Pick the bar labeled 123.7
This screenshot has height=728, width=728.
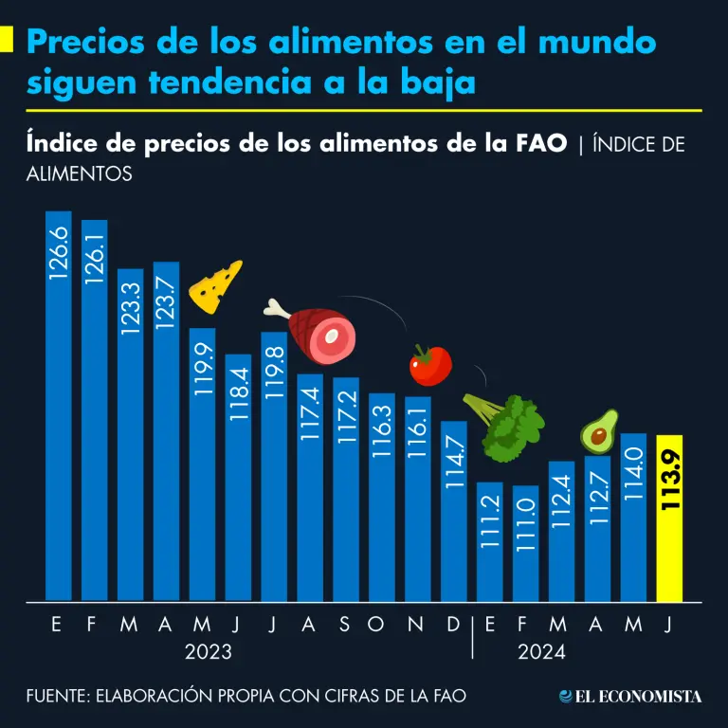166,431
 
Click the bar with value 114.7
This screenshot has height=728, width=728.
453,511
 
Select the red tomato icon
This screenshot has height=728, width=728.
430,365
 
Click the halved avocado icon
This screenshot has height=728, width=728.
599,432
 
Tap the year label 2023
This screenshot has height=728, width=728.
209,652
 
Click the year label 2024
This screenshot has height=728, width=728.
542,652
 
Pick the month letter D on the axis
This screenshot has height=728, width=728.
453,624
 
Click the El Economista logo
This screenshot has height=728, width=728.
630,697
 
